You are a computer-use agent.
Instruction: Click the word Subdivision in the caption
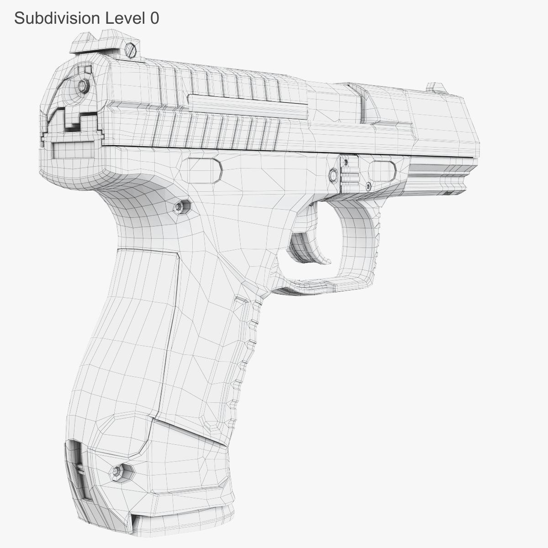coord(57,18)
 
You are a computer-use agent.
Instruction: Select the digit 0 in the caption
coord(154,18)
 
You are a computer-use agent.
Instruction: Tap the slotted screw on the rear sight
coord(132,48)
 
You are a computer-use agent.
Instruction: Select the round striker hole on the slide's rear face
coord(83,86)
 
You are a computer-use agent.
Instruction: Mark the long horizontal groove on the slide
coord(247,104)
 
